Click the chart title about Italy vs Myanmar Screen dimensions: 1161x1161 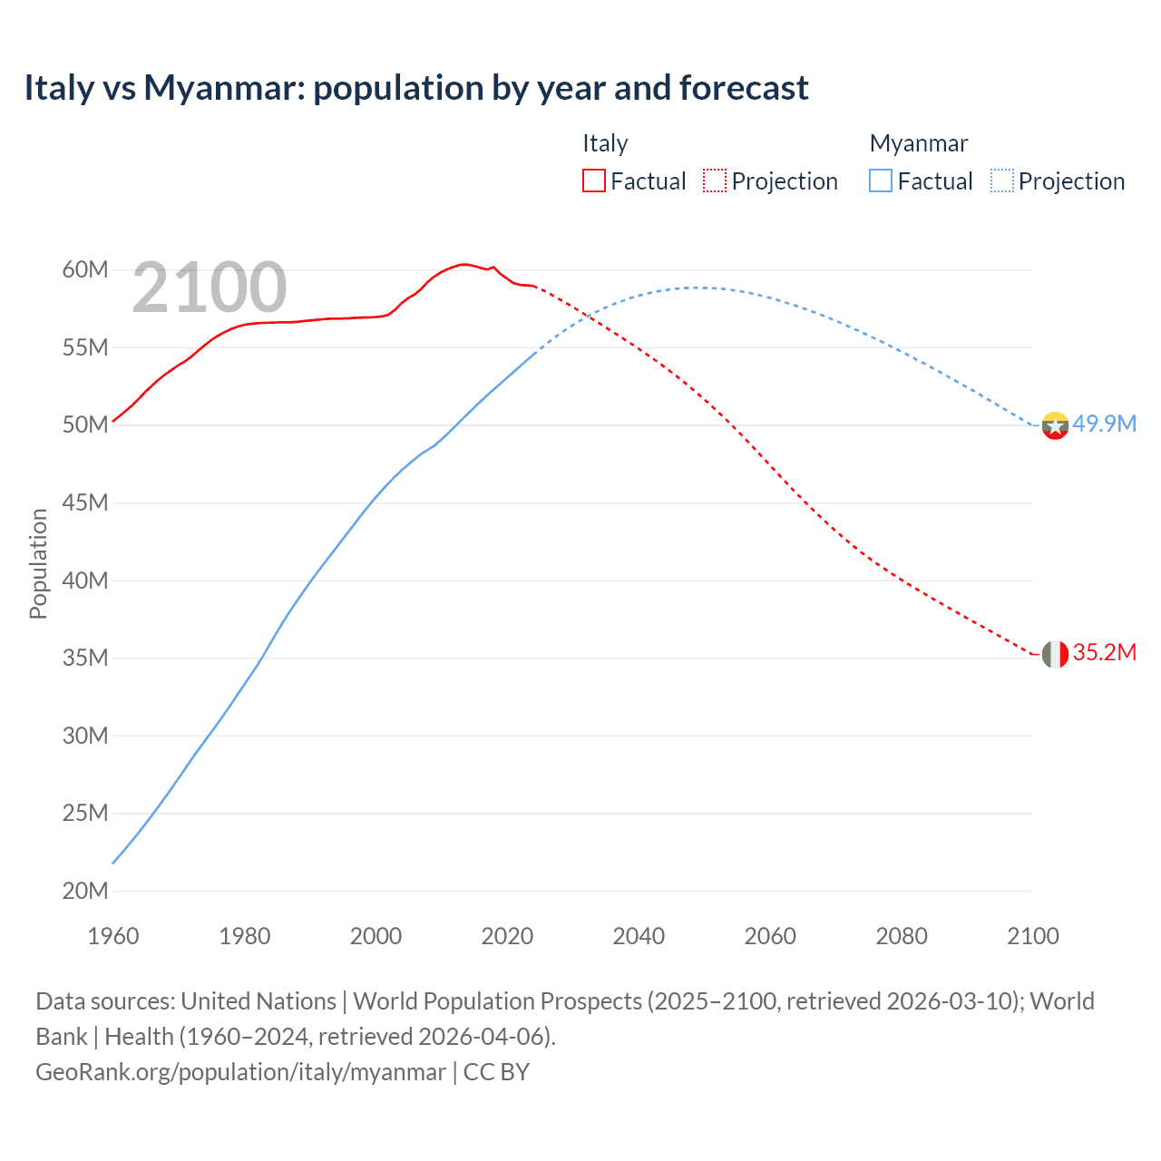click(415, 88)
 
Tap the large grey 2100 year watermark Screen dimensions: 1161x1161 click(210, 288)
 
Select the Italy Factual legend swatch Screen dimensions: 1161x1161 click(593, 180)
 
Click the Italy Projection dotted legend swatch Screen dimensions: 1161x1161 click(715, 180)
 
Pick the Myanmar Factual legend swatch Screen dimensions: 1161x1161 click(881, 180)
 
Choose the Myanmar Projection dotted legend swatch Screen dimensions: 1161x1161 click(1002, 180)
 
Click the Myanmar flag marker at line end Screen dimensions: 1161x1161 click(1055, 424)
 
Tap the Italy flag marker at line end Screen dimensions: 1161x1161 click(1055, 653)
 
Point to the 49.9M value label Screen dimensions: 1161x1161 click(1104, 424)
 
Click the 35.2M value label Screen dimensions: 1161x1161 click(1104, 653)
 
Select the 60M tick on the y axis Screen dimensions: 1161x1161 click(85, 269)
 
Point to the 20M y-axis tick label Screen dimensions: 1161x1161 click(85, 891)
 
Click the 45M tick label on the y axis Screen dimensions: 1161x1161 click(85, 502)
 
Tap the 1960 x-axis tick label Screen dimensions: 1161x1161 click(113, 936)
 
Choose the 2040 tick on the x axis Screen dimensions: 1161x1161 click(639, 936)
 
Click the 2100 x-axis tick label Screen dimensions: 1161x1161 click(1032, 936)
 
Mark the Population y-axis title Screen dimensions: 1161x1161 click(38, 563)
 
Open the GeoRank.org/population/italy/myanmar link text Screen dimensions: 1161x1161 click(240, 1072)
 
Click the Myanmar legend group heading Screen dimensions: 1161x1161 click(918, 143)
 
